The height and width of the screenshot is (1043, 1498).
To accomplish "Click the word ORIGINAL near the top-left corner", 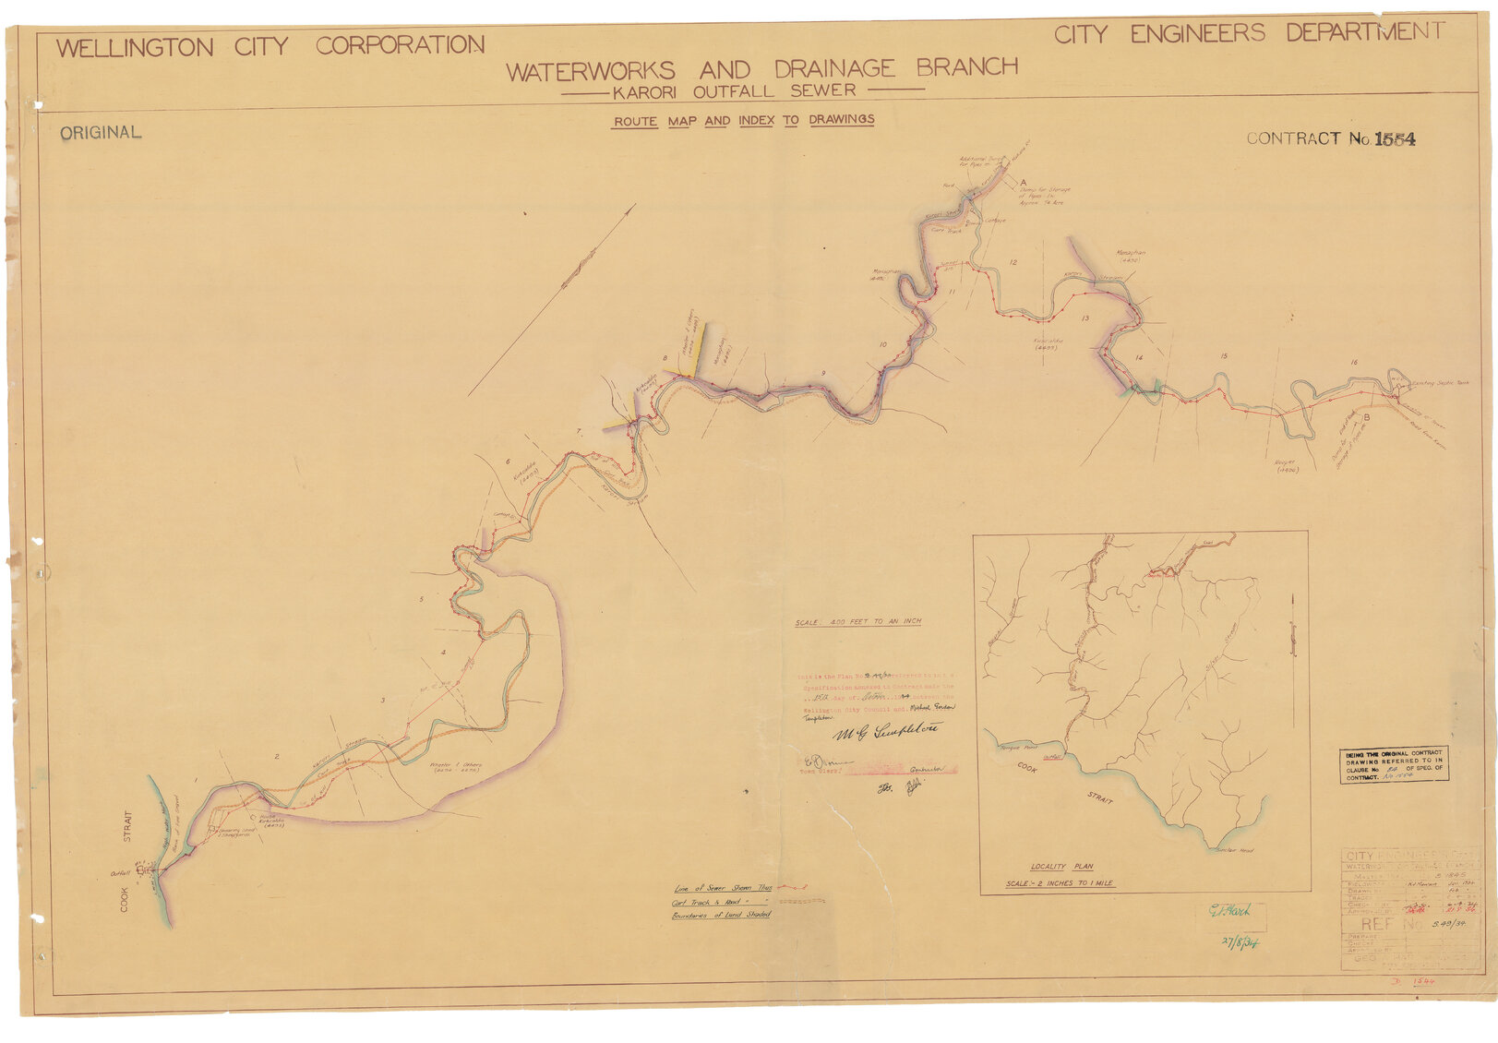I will [x=101, y=133].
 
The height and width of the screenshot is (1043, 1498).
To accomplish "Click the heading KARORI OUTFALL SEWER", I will [x=735, y=91].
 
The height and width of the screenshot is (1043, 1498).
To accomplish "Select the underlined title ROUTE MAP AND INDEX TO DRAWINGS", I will [x=744, y=121].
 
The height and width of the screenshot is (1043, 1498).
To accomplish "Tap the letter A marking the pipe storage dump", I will [x=1022, y=183].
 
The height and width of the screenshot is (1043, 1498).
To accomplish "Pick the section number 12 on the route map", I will [x=1013, y=263].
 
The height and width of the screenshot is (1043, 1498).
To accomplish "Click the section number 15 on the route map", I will [x=1224, y=356].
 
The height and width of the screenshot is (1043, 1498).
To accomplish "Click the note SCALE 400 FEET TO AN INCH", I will [x=858, y=622].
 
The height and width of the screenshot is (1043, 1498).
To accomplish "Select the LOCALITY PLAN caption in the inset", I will [x=1061, y=867].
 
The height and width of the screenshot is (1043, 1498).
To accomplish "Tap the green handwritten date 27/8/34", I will [x=1240, y=941].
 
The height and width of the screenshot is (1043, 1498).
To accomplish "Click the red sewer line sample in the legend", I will [x=793, y=887].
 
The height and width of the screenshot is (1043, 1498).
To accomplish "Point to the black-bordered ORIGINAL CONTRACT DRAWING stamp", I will [x=1393, y=765].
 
